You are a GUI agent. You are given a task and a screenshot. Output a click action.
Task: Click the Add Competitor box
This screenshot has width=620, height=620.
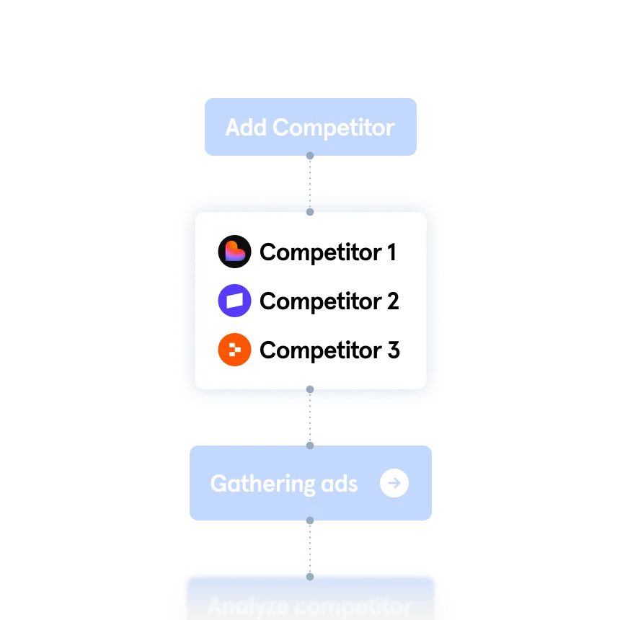[310, 127]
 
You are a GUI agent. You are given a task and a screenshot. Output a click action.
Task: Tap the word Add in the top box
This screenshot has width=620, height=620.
[247, 128]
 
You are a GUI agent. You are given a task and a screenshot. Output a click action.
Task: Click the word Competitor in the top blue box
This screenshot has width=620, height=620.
[334, 128]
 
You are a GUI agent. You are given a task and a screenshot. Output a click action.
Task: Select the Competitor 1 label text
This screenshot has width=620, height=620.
[328, 252]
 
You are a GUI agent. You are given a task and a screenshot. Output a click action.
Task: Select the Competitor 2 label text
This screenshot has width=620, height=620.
[329, 301]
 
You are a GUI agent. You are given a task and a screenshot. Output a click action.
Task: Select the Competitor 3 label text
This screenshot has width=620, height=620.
[329, 350]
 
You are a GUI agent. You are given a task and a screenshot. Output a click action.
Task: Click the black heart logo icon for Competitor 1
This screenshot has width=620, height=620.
[234, 252]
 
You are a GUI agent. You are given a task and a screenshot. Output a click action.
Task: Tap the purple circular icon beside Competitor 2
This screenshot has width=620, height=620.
[234, 301]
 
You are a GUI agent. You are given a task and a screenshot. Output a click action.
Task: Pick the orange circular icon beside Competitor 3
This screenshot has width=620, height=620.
[234, 350]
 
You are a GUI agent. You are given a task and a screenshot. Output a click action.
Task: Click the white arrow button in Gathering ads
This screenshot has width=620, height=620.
[394, 483]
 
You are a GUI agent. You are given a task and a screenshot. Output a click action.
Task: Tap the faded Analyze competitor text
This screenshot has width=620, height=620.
[310, 606]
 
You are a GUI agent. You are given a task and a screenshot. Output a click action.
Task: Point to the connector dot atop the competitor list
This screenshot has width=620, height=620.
[310, 212]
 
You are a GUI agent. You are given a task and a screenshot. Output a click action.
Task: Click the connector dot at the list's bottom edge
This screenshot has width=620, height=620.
[310, 390]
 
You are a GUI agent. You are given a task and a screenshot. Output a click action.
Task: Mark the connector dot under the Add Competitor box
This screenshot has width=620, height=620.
[310, 156]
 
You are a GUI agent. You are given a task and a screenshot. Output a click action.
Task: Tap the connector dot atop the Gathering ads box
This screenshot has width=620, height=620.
[310, 445]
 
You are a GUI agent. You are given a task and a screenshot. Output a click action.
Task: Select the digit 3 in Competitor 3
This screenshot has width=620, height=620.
[393, 350]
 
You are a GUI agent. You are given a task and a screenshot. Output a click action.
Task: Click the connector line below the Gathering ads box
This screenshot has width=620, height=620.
[310, 548]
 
